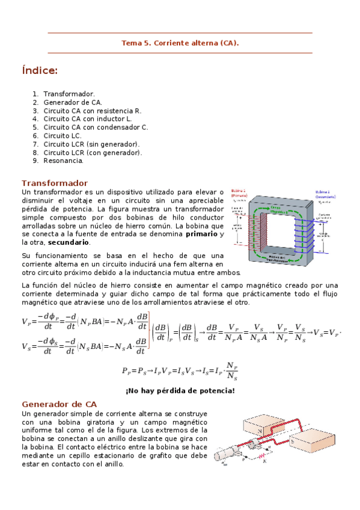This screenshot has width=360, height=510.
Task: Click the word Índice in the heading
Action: (x=39, y=71)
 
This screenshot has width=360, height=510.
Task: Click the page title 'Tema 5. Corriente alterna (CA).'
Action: (x=180, y=43)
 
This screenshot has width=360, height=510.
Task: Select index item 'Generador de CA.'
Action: (x=72, y=102)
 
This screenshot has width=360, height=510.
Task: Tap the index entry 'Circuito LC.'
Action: (x=63, y=136)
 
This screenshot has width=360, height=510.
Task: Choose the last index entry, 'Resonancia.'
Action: (x=64, y=161)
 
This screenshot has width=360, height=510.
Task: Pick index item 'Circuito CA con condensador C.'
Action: (x=96, y=127)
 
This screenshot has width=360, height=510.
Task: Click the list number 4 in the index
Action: (x=35, y=119)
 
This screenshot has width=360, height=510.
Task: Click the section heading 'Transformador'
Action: (x=55, y=183)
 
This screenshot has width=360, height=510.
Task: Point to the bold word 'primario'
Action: (x=201, y=233)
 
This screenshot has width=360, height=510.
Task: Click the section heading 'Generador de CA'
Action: (x=59, y=404)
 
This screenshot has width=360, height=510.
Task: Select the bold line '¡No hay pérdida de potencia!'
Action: (x=180, y=391)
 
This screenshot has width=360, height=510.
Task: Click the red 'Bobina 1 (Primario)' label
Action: (x=239, y=194)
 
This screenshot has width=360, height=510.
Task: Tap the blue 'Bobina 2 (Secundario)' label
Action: (x=326, y=194)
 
